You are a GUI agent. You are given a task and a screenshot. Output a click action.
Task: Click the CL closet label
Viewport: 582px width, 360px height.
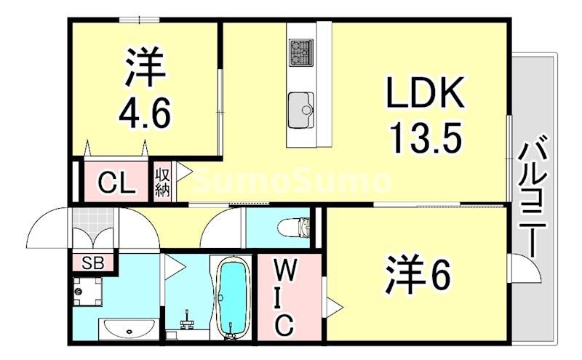pos(116,183)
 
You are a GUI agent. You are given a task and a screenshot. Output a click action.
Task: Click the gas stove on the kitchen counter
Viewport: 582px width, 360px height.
pos(300,51)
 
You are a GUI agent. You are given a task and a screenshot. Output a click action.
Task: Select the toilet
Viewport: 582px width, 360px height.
pos(294,228)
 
